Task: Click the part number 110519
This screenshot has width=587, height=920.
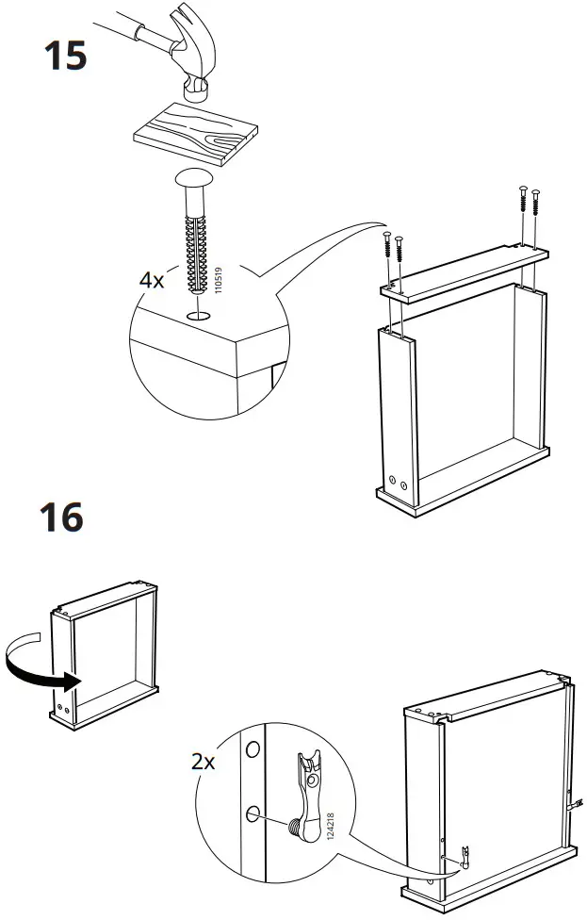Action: [218, 280]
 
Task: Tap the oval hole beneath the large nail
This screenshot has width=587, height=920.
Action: [199, 317]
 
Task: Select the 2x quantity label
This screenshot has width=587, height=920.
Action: [204, 761]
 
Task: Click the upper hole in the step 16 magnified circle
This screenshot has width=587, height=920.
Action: [252, 751]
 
